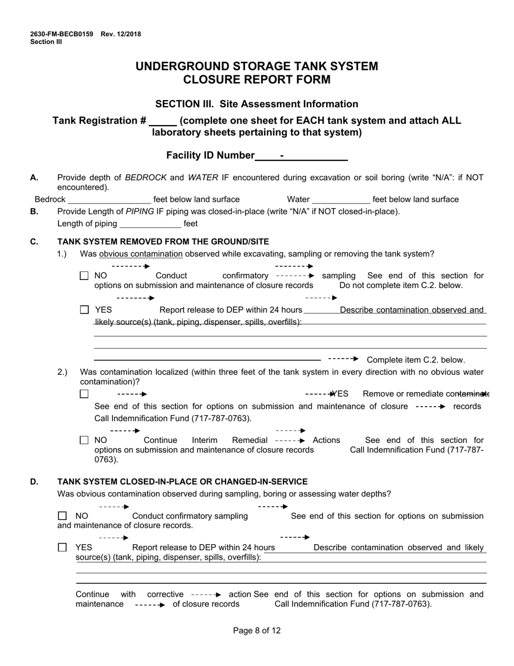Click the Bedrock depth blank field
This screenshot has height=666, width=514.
pyautogui.click(x=109, y=200)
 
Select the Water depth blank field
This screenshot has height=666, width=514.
pyautogui.click(x=341, y=200)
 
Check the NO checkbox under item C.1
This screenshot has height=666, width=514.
pyautogui.click(x=84, y=276)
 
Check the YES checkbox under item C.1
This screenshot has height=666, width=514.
pyautogui.click(x=84, y=310)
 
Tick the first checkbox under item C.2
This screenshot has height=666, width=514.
pyautogui.click(x=84, y=394)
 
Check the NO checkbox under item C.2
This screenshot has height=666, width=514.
pyautogui.click(x=84, y=441)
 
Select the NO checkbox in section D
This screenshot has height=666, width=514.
pyautogui.click(x=62, y=516)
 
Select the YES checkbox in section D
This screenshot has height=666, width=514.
pyautogui.click(x=62, y=547)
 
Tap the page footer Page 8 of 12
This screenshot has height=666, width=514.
pyautogui.click(x=256, y=630)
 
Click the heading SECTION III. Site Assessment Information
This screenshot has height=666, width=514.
pyautogui.click(x=256, y=104)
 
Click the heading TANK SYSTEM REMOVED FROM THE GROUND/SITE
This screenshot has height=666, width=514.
pyautogui.click(x=163, y=241)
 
